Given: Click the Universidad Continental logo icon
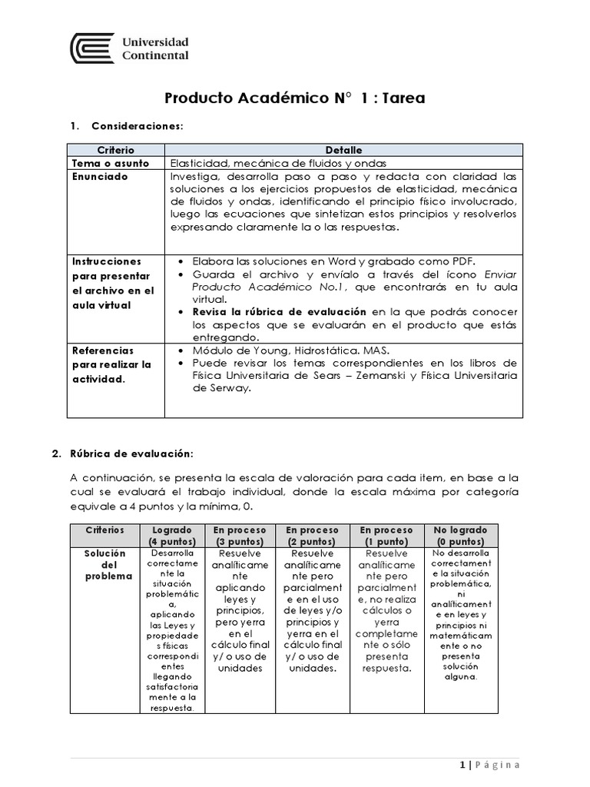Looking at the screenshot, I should point(92,48).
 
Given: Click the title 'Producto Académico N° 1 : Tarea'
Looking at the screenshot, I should point(294,98).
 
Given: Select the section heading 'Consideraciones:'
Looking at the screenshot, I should point(137,125).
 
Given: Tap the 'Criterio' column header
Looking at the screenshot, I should point(116,150).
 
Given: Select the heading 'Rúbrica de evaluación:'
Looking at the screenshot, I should point(138,453).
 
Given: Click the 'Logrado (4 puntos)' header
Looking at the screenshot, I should point(173,536).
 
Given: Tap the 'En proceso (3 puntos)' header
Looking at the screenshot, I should point(239,536).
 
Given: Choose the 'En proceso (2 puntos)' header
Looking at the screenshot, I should point(311,536).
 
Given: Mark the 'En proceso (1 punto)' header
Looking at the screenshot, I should point(386,536).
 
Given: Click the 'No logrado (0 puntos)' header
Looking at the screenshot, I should point(461,536).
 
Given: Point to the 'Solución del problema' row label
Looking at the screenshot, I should point(104,565).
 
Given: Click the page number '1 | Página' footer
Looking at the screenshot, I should point(489,765).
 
